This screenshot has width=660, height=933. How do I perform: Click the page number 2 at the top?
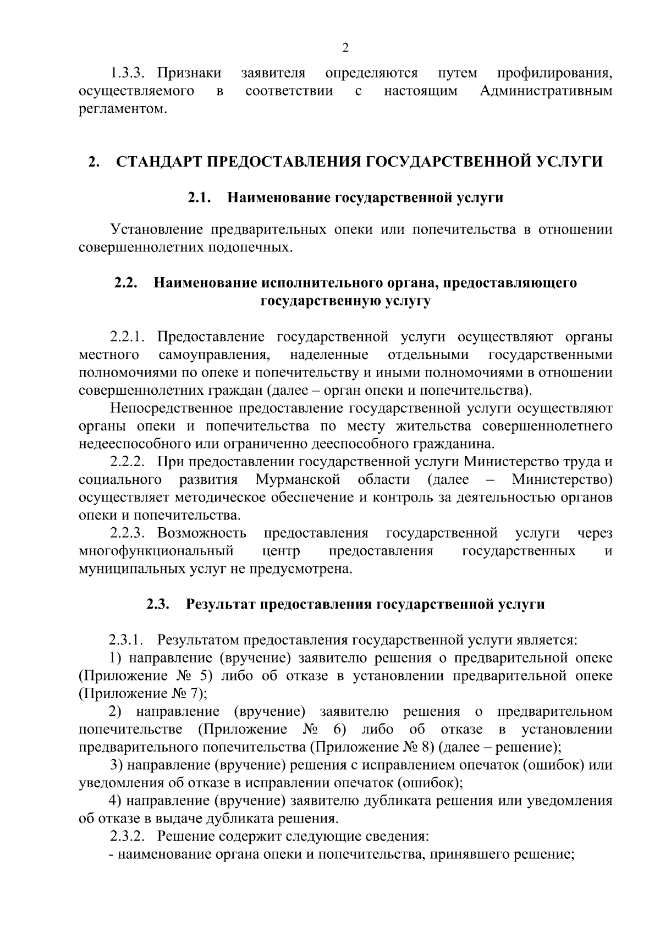[345, 48]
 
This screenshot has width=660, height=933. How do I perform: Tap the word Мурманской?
[298, 479]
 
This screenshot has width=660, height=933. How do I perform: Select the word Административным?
[546, 91]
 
